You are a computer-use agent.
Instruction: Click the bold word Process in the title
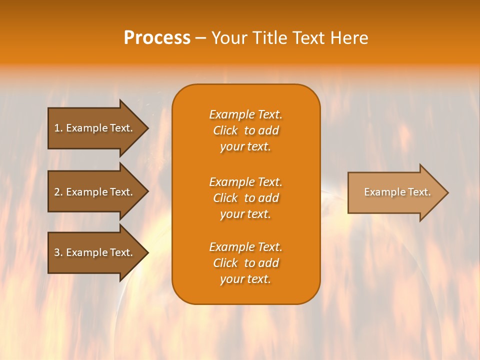point(157,38)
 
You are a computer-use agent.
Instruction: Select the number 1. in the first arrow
point(58,128)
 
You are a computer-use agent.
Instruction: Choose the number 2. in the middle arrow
point(58,192)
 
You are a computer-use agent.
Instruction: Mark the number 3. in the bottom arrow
point(58,252)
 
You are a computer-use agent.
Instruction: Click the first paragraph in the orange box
point(245,130)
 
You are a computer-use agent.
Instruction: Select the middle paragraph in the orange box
point(245,198)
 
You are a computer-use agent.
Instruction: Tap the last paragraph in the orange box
point(245,263)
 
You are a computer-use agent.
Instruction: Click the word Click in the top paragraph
point(225,131)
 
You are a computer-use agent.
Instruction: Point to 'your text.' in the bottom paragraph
point(245,279)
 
